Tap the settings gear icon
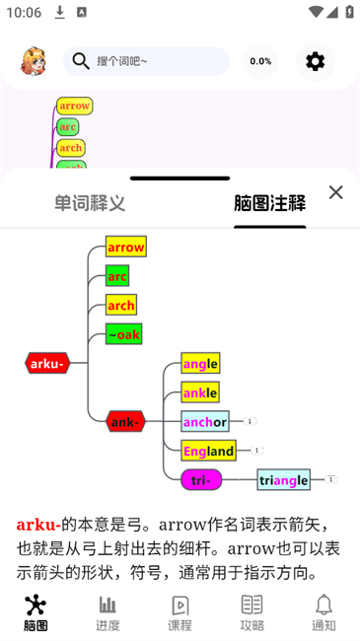315,61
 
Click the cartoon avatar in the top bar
34,61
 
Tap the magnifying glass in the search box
81,61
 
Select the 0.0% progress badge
260,61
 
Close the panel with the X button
335,192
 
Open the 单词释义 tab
90,203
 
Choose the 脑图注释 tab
269,203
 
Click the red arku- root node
47,363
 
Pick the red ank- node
125,422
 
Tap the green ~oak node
124,334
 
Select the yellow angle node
200,364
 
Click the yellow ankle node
200,392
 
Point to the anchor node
205,422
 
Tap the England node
208,451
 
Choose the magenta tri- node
201,480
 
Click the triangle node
283,480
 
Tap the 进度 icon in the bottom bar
108,611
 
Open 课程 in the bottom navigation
180,611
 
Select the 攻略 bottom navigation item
252,611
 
